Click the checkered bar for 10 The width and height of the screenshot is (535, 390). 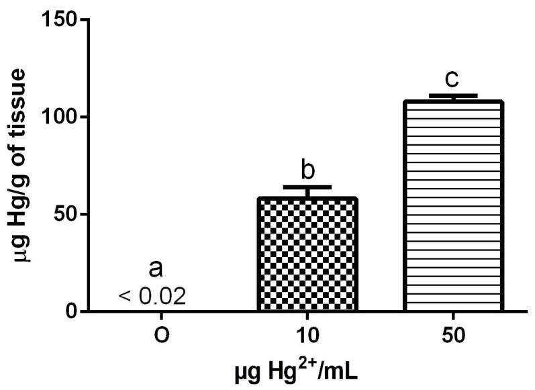click(x=308, y=254)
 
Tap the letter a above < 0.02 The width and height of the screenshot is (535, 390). click(x=156, y=269)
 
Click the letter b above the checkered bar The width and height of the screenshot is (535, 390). click(x=308, y=170)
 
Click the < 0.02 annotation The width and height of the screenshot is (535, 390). click(x=152, y=295)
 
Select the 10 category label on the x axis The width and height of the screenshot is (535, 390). click(x=307, y=335)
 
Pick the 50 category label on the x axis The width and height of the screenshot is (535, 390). click(x=453, y=335)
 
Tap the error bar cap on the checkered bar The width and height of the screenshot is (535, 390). click(x=308, y=187)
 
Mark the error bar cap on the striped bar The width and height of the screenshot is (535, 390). click(x=454, y=95)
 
